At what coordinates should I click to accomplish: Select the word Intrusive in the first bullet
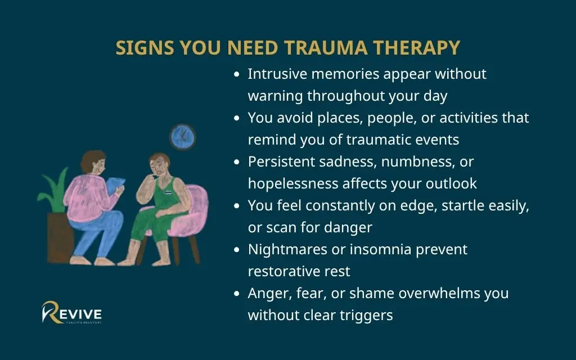[277, 74]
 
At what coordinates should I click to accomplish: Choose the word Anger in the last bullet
[267, 294]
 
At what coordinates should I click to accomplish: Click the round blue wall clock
[182, 137]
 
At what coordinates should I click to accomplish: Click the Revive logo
[71, 312]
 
